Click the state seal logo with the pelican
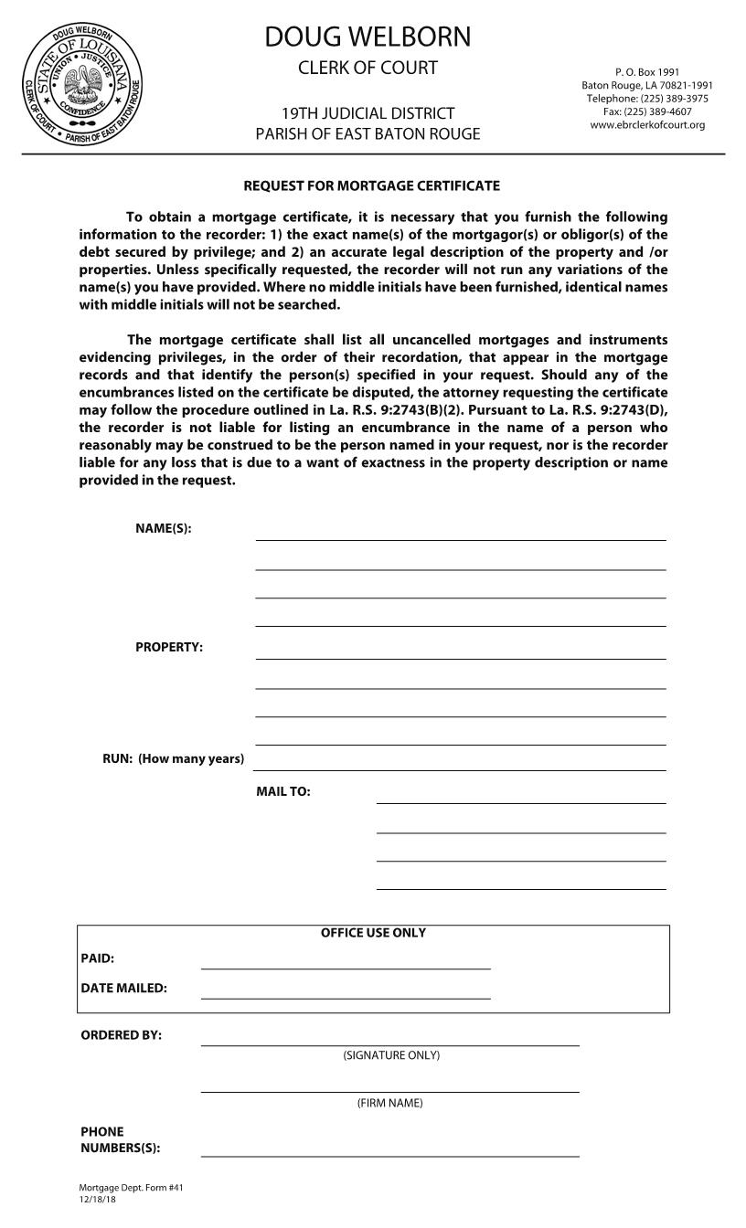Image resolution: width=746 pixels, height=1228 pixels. click(x=83, y=84)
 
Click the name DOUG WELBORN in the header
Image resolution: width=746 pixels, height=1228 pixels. click(x=368, y=37)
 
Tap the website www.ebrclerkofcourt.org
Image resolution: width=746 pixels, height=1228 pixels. click(x=647, y=125)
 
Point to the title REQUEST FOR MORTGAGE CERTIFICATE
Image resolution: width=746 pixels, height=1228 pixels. click(x=371, y=185)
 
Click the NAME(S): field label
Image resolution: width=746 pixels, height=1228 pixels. click(x=164, y=528)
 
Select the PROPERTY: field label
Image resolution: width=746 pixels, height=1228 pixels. click(x=169, y=647)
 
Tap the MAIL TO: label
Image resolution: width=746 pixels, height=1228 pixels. click(x=282, y=791)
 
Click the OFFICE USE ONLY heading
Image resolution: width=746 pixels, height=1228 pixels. click(x=373, y=933)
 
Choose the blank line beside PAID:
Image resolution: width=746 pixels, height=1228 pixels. click(x=346, y=962)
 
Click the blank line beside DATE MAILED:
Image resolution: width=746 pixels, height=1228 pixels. click(x=346, y=992)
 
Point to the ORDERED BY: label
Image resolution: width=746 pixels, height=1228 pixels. click(x=121, y=1035)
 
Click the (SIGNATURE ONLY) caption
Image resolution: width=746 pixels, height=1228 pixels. click(x=391, y=1055)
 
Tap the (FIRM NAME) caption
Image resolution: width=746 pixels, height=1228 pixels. click(x=389, y=1103)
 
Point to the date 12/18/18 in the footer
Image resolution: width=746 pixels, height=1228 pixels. click(x=97, y=1200)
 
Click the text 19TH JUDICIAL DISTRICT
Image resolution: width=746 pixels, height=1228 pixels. click(x=368, y=113)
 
